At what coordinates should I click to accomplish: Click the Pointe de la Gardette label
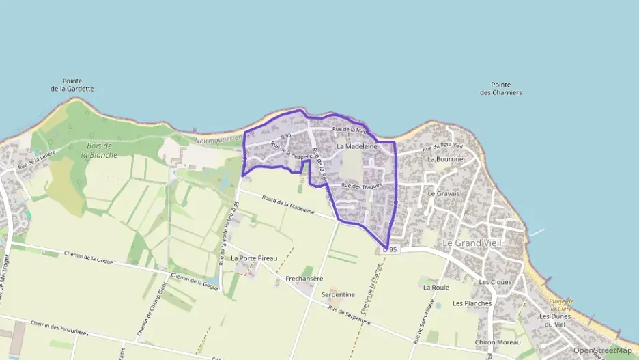click(72, 85)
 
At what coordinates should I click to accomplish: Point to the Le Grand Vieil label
click(472, 243)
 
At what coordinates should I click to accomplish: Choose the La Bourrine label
click(445, 159)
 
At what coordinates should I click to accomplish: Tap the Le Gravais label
click(443, 193)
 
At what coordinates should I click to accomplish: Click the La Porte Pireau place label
click(254, 258)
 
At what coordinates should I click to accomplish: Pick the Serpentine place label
click(338, 294)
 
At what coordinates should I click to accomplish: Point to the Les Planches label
click(472, 303)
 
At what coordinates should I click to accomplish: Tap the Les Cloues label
click(495, 282)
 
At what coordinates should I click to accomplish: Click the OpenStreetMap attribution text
click(602, 351)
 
